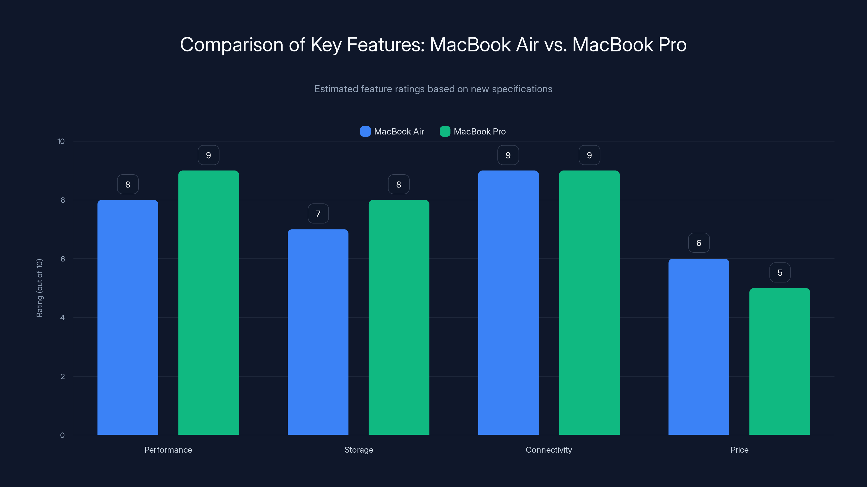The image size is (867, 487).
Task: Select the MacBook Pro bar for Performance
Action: (208, 302)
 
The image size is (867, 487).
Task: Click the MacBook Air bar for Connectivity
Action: (508, 302)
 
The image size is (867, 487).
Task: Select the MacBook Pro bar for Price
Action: (779, 361)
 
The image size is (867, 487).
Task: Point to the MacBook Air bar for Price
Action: (699, 347)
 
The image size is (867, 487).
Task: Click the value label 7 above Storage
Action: (318, 214)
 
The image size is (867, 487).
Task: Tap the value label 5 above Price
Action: (780, 272)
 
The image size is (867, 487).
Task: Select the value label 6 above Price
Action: (699, 243)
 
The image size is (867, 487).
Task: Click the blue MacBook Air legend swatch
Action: (365, 131)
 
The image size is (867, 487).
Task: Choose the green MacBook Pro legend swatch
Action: (445, 131)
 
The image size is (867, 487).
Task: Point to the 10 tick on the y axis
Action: (61, 142)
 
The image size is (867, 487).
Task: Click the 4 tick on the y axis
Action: (62, 318)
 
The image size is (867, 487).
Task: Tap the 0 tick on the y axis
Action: (62, 435)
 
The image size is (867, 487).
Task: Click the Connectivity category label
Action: (549, 450)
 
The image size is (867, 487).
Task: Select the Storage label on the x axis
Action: (359, 450)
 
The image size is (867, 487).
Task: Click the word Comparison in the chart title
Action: (232, 45)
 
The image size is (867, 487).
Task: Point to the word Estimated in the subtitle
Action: (336, 89)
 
